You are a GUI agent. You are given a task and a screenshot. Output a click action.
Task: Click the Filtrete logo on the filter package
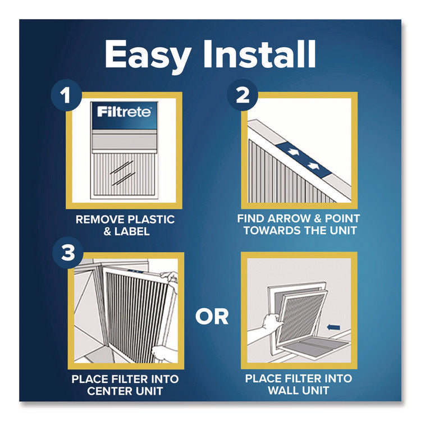tap(123, 112)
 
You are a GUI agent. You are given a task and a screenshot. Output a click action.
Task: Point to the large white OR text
tap(212, 317)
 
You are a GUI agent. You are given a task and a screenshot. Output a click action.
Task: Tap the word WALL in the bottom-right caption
tap(274, 390)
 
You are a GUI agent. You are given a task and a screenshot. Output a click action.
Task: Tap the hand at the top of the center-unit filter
tap(169, 277)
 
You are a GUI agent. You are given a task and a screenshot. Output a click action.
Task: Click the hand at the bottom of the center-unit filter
tap(162, 354)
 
